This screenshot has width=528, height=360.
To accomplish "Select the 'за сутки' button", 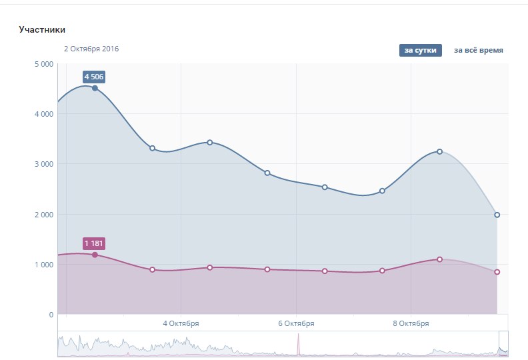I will click(x=421, y=50).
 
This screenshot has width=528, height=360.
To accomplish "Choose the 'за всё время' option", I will click(x=478, y=50).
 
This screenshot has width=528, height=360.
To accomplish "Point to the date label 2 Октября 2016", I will click(x=91, y=49).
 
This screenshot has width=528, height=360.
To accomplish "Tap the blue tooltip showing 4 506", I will click(x=95, y=77).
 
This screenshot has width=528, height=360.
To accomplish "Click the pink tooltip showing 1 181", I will click(x=95, y=243).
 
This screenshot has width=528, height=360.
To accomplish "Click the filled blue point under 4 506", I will click(x=95, y=88).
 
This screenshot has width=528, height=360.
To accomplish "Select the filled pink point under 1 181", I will click(x=95, y=255).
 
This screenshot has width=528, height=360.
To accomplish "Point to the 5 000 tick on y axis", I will click(x=43, y=64).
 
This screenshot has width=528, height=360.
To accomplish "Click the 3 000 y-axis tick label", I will click(x=43, y=164).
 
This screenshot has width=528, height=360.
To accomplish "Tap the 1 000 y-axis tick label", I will click(x=43, y=265).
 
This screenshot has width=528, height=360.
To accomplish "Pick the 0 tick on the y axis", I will click(x=51, y=315).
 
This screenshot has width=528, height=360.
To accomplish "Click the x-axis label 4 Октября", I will click(x=181, y=323).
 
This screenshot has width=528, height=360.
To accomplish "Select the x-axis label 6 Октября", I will click(x=296, y=323).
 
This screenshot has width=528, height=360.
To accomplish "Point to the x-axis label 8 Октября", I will click(x=411, y=323).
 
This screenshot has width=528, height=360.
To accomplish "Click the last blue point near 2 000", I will click(x=497, y=215).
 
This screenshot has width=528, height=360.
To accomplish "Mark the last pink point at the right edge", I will click(x=497, y=272).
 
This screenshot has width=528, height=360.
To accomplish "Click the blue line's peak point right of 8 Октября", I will click(x=439, y=151).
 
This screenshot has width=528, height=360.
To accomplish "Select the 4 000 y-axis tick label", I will click(x=43, y=114).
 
